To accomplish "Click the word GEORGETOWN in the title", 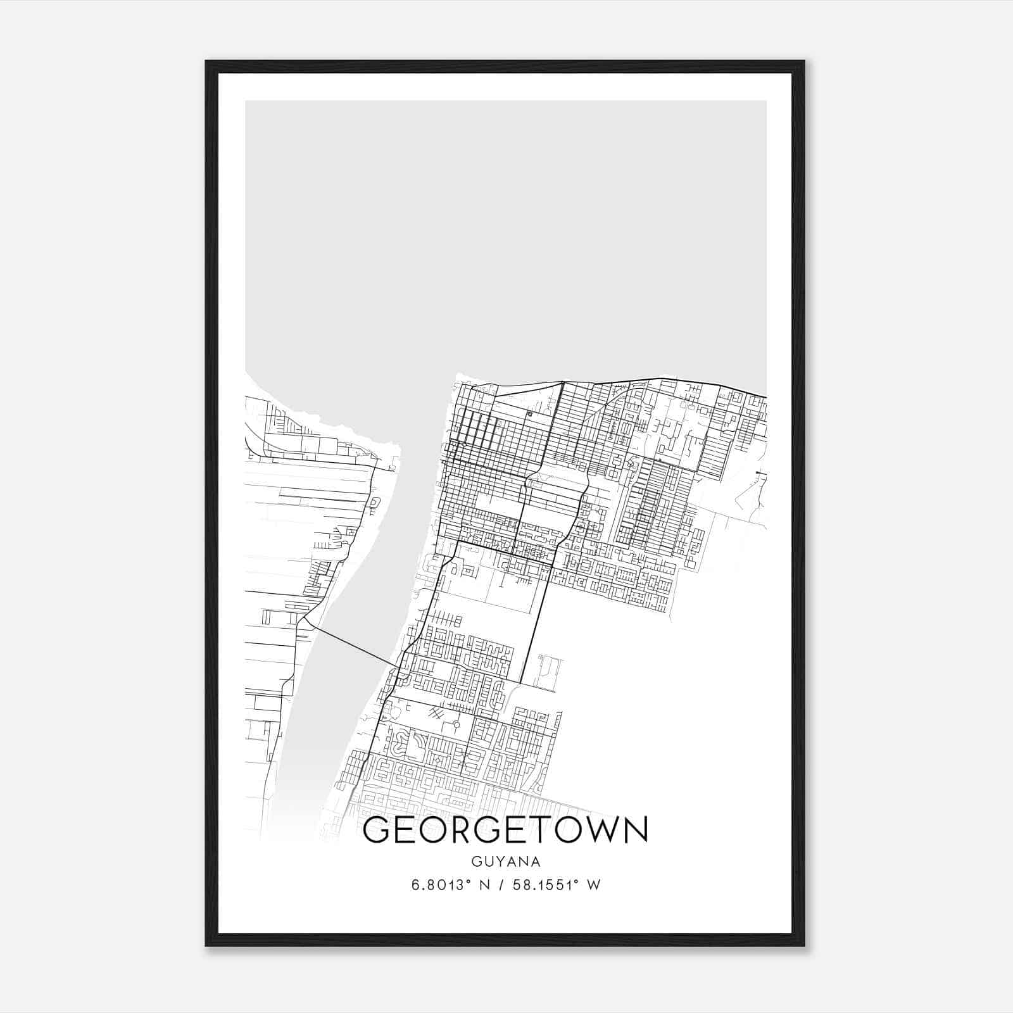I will pos(505,831).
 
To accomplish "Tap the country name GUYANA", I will pos(505,862).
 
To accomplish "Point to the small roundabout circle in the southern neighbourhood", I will pos(456,724).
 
